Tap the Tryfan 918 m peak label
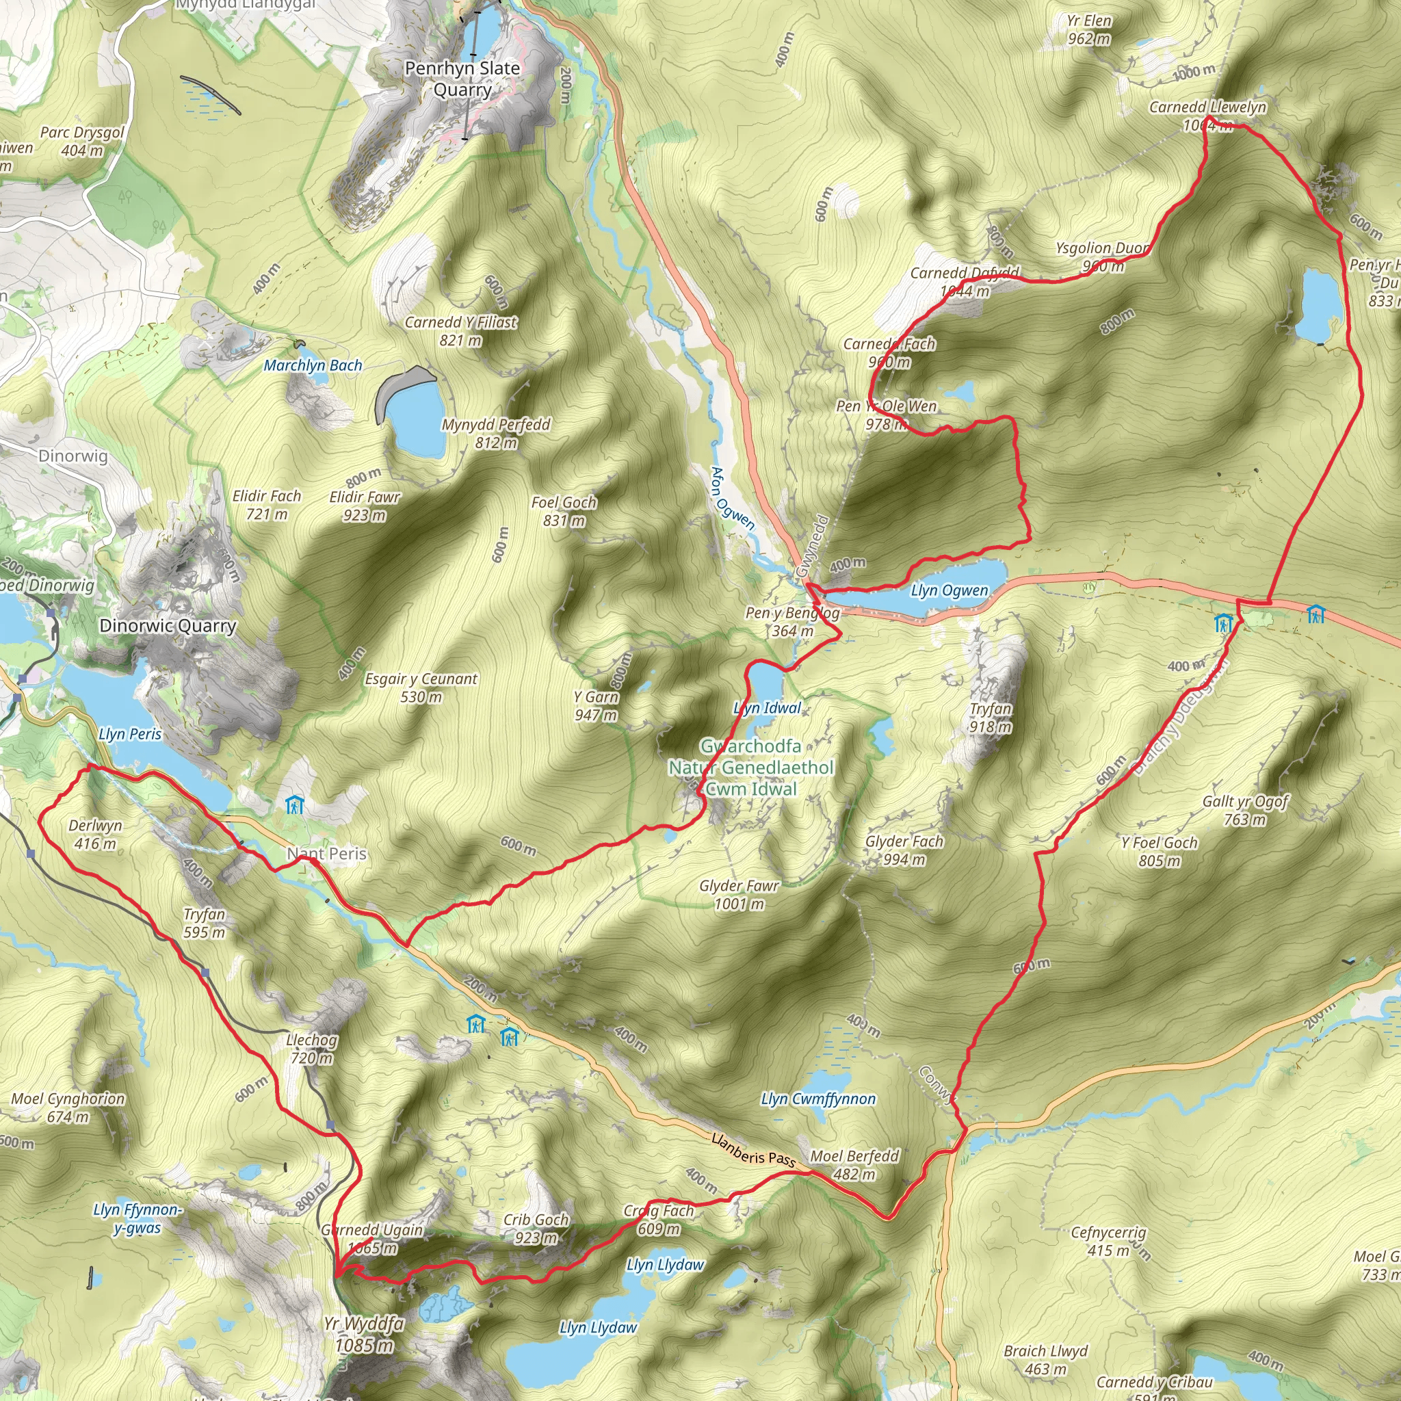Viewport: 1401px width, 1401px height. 991,718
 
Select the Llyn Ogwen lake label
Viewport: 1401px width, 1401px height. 950,591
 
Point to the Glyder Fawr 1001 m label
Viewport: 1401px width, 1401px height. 739,894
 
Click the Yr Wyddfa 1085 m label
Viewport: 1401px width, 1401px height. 364,1334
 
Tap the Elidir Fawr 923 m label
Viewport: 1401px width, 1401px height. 364,506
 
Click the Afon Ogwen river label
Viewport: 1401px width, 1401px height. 733,498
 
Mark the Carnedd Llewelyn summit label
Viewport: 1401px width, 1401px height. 1207,116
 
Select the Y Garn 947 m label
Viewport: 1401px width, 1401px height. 596,705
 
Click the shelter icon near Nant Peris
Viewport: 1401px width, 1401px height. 294,805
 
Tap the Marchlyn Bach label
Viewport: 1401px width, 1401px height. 313,365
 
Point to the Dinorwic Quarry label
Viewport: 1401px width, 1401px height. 168,626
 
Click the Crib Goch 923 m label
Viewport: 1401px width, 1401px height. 536,1229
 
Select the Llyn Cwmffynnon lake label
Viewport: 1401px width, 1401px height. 818,1099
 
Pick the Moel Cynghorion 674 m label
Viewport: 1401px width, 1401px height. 68,1108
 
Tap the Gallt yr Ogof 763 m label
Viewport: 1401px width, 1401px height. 1245,810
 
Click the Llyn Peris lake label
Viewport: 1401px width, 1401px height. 130,734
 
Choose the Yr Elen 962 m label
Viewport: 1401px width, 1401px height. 1088,29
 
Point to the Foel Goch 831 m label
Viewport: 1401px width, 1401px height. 564,510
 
